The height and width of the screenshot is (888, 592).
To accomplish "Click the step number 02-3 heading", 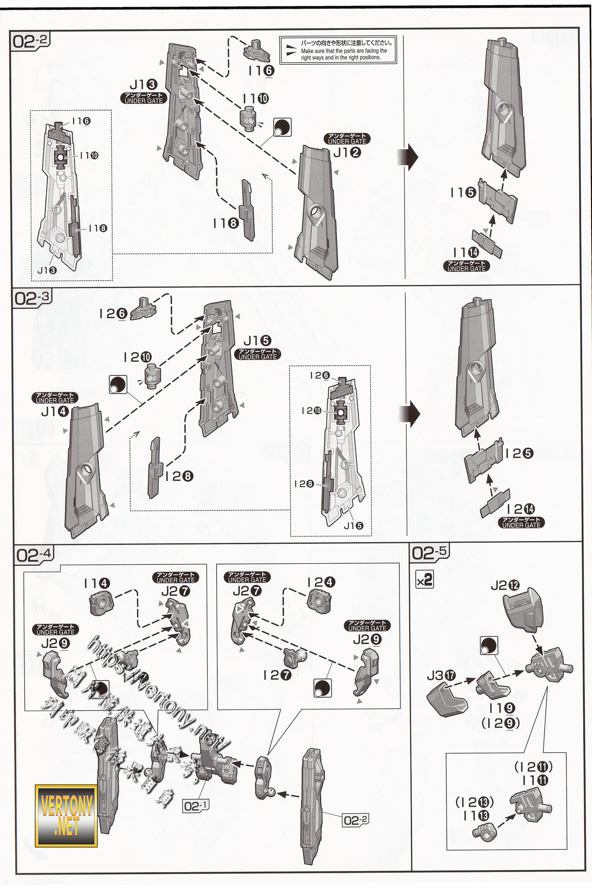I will point(32,298).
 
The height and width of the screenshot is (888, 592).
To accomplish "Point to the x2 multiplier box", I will point(425,580).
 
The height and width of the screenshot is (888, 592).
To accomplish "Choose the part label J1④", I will point(55,411).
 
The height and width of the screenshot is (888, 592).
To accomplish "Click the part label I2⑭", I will point(521,509).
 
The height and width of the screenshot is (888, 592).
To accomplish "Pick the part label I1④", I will point(97,583).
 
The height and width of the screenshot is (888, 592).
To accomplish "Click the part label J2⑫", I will point(505,586).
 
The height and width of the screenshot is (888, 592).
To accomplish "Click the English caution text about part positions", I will point(344,54).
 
